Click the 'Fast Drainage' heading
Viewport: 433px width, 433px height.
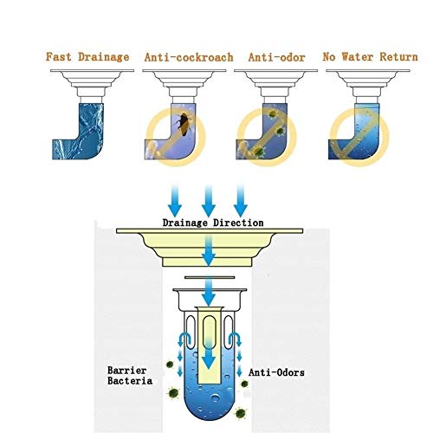tap(87, 57)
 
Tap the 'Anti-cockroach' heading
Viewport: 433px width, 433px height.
tap(189, 57)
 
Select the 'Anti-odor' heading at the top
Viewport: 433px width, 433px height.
tap(276, 57)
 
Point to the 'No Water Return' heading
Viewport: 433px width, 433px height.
tap(370, 57)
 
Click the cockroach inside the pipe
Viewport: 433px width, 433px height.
tap(184, 124)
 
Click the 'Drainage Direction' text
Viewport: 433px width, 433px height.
tap(213, 223)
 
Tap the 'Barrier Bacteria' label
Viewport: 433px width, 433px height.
tap(130, 376)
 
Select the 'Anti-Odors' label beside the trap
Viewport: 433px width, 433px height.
tap(276, 372)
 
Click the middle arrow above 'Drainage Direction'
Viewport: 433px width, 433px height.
tap(209, 201)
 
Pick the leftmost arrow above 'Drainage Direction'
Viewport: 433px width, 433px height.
tap(175, 201)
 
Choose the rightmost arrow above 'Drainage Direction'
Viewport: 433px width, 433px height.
tap(241, 201)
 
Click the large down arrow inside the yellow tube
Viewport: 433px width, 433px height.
tap(209, 355)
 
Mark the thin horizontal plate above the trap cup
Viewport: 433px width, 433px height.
tap(210, 277)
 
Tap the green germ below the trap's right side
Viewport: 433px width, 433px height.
tap(240, 413)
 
